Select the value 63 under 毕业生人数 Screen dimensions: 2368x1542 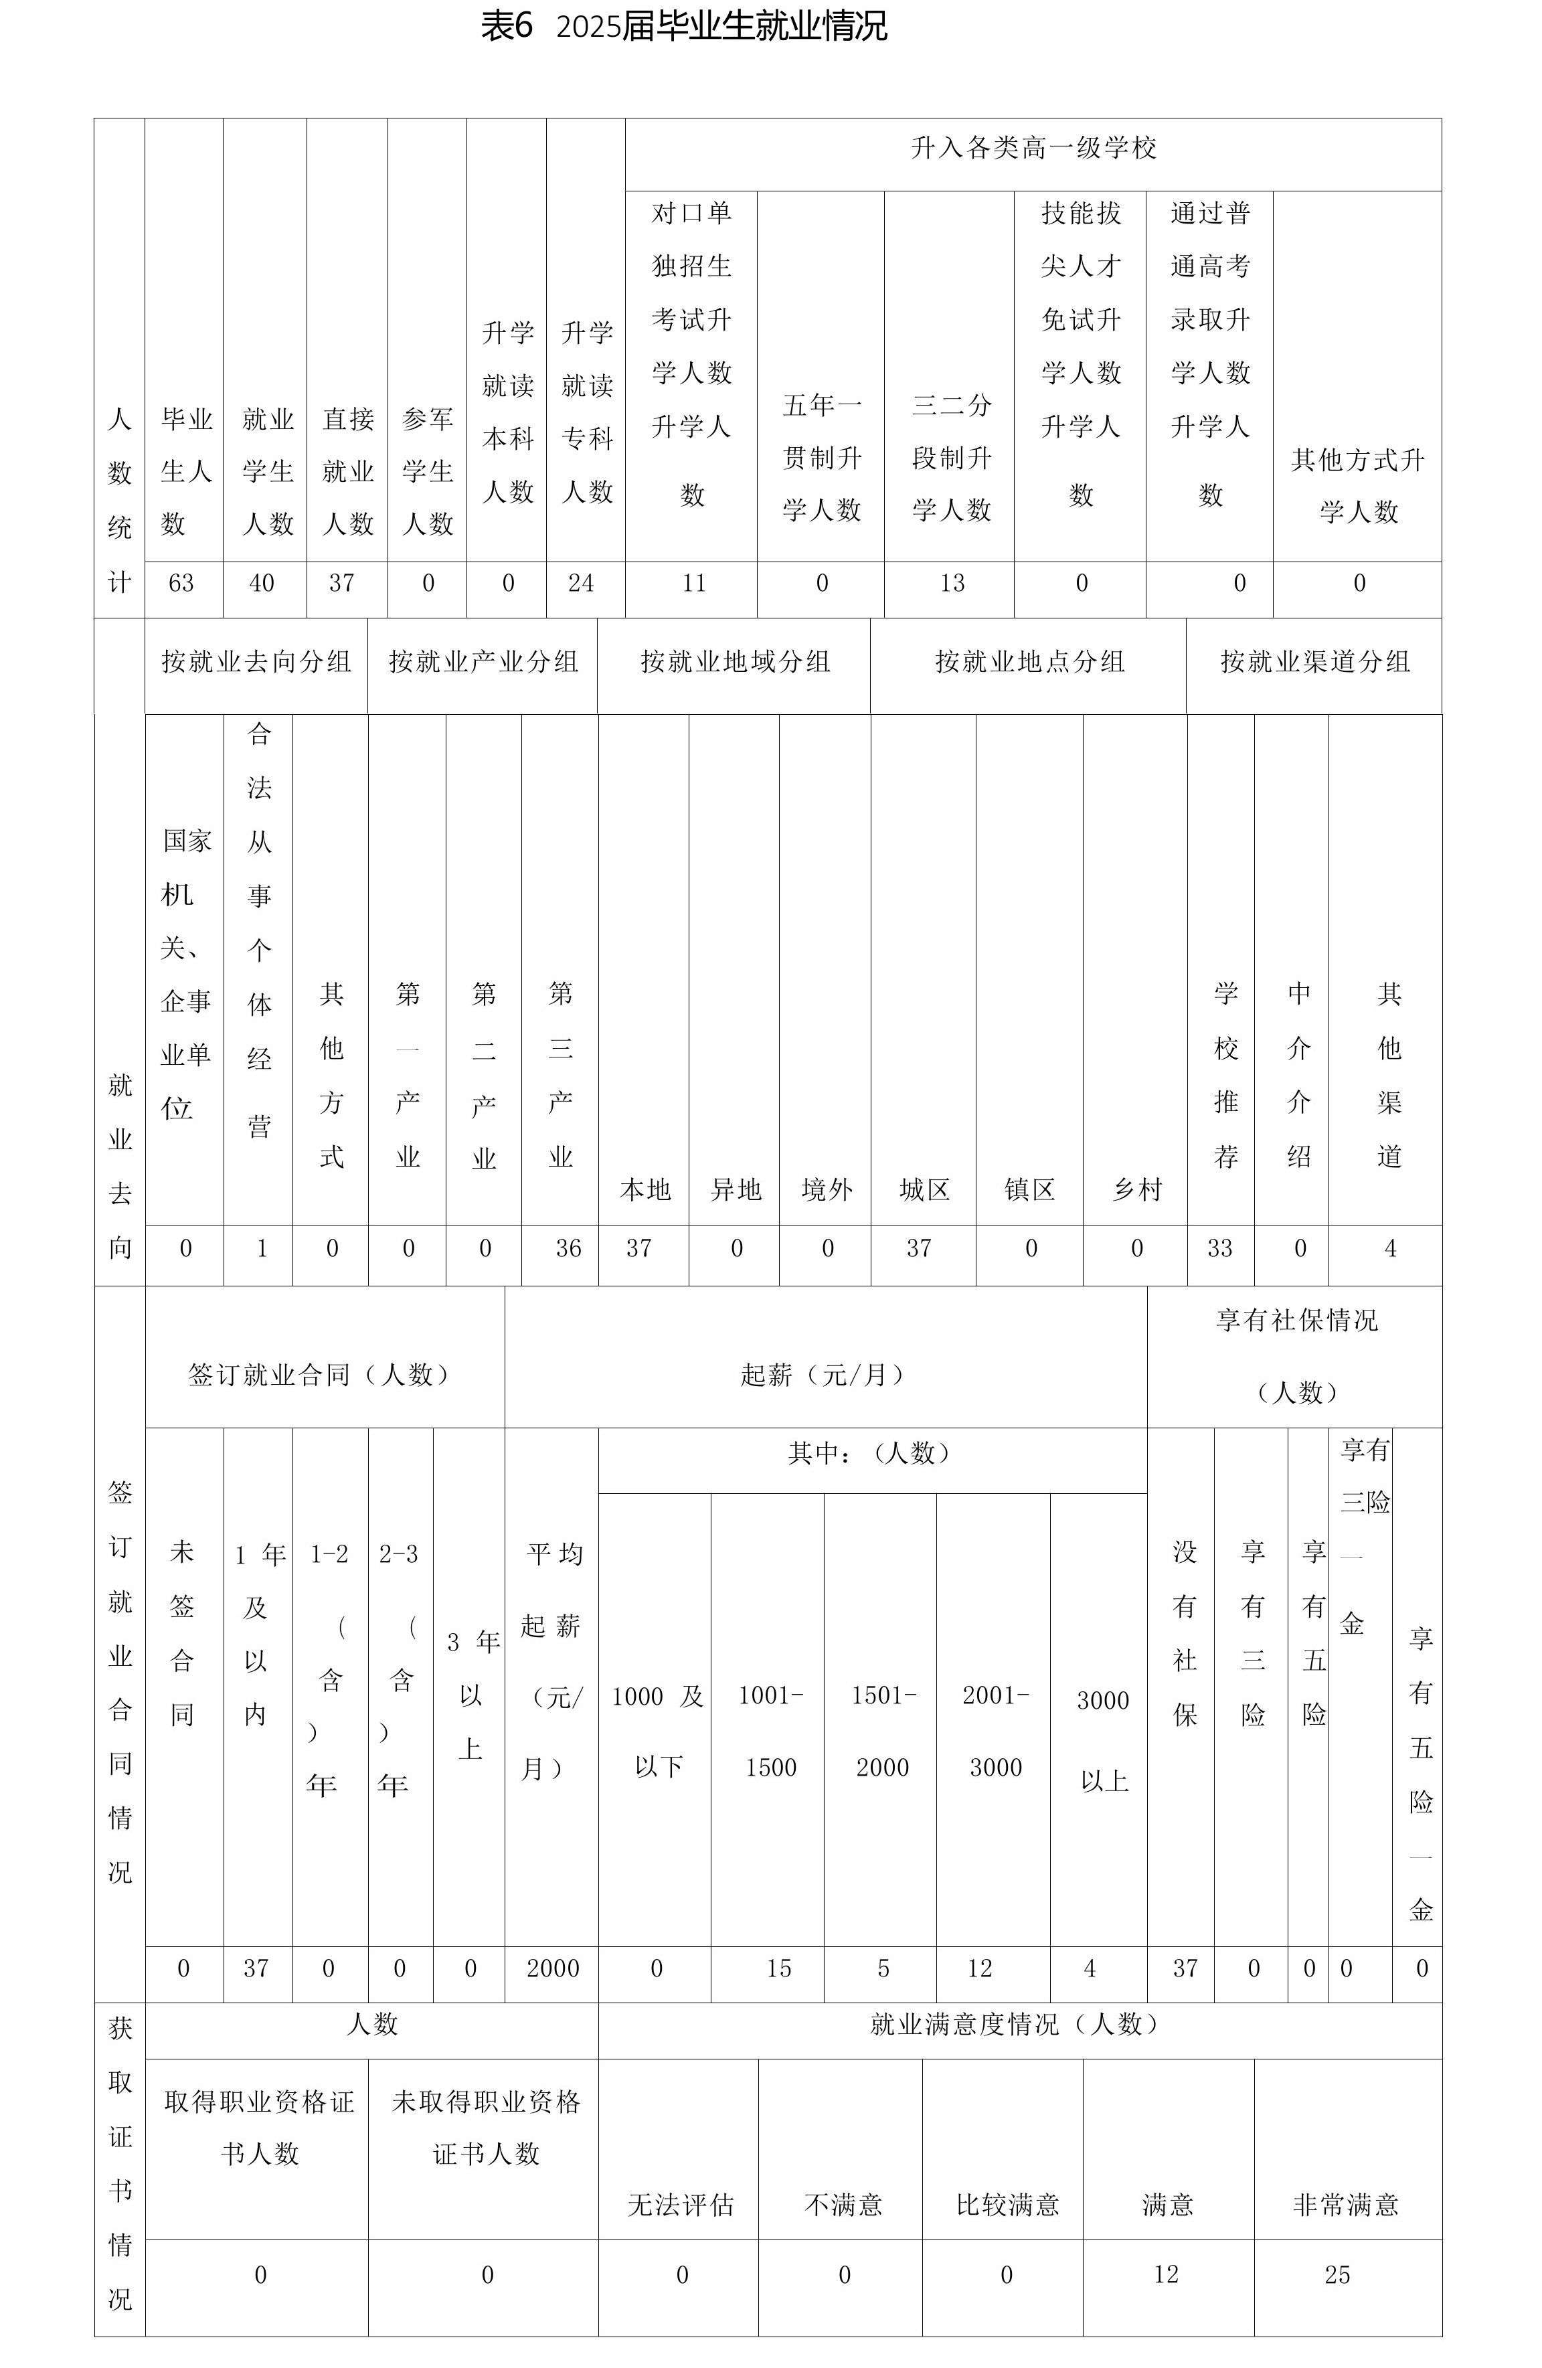[181, 583]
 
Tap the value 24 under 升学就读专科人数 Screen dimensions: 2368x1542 [581, 583]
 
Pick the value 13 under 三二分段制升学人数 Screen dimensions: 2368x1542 [952, 583]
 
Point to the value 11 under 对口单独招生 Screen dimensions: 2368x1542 [693, 583]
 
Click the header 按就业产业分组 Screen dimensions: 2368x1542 [483, 663]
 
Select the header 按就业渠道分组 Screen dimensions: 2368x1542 [1315, 663]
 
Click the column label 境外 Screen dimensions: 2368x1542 [827, 1190]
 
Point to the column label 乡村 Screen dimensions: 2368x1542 [1137, 1190]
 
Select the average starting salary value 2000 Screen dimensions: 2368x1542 [553, 1968]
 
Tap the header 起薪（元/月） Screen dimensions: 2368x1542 [825, 1375]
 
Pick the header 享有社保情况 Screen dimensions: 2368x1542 [1296, 1321]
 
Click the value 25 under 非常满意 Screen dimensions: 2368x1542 [1337, 2274]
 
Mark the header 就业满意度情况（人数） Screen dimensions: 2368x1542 [1019, 2025]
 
